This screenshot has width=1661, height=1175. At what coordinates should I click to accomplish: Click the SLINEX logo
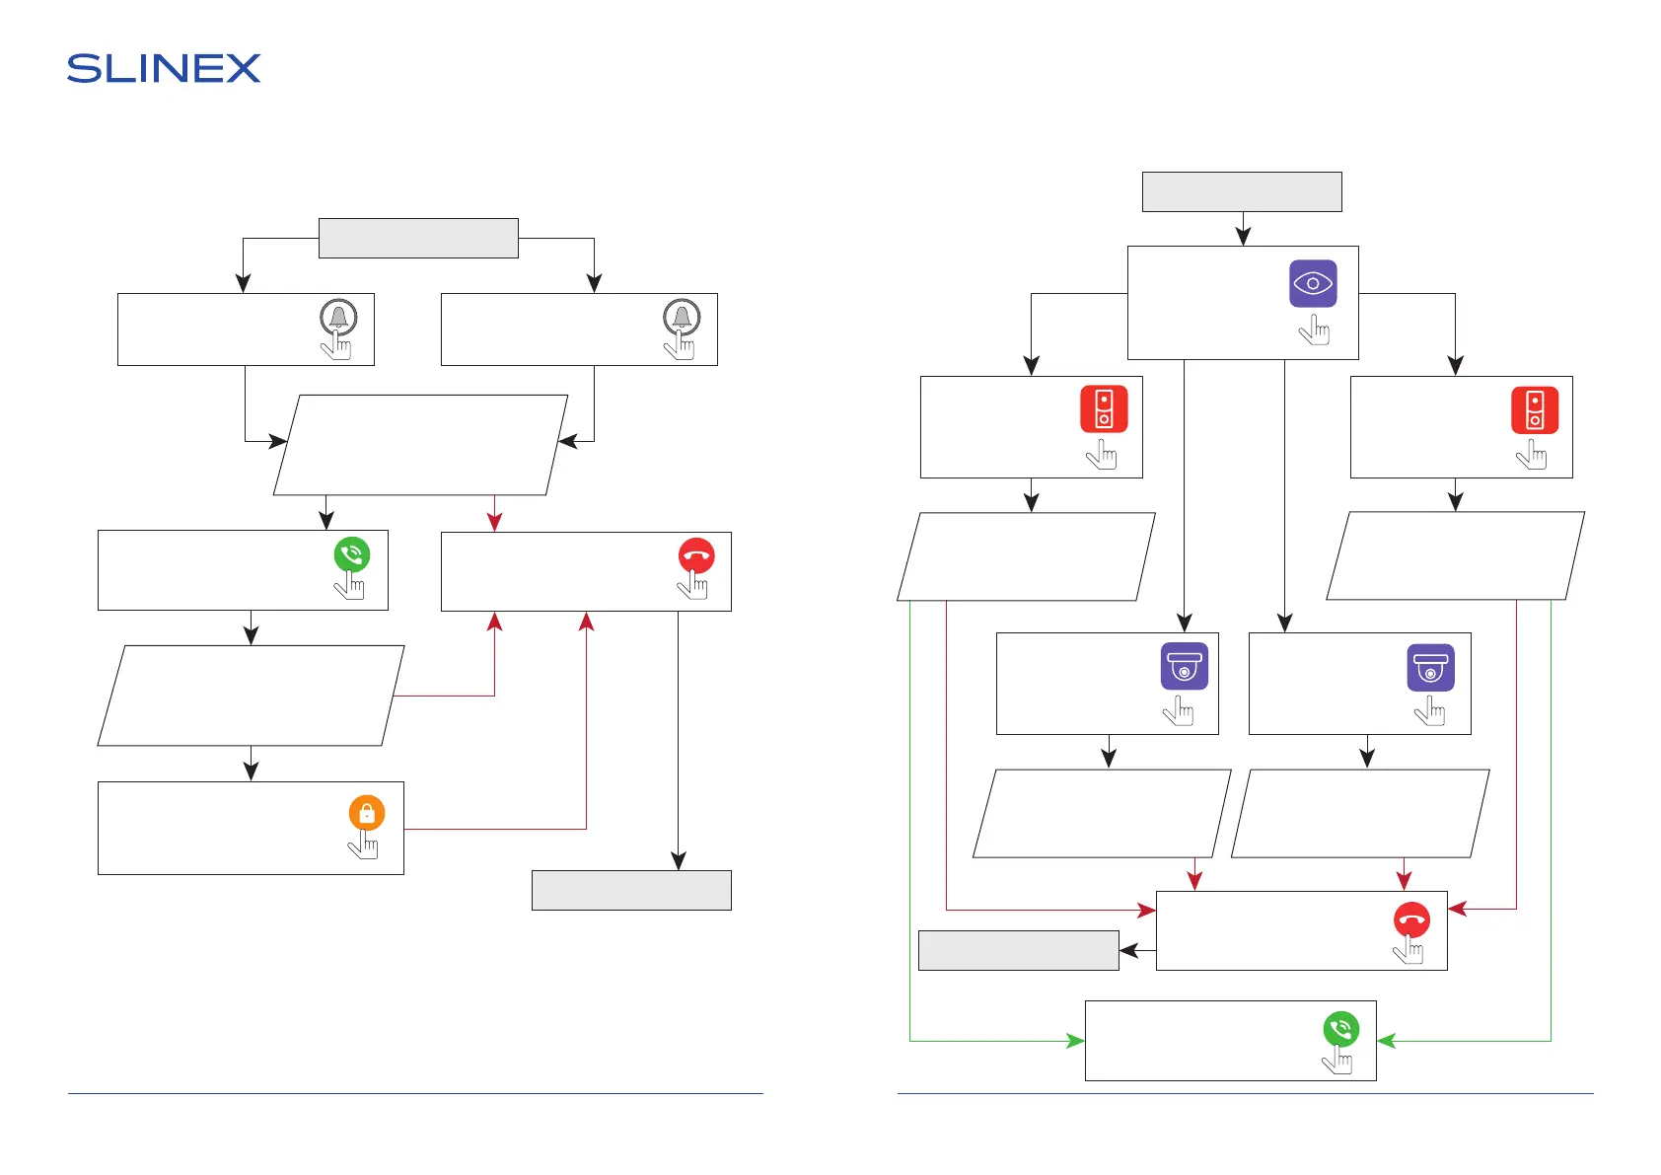tap(164, 68)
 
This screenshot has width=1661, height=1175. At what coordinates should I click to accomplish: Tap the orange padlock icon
tap(367, 813)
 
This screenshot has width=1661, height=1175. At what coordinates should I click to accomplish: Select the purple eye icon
tap(1313, 283)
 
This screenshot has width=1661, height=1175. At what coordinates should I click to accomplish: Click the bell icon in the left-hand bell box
tap(338, 317)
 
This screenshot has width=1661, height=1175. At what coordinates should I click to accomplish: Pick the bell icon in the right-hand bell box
tap(682, 317)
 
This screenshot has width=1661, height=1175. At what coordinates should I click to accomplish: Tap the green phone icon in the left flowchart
tap(352, 554)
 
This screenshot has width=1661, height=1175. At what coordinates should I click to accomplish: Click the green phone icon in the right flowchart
tap(1340, 1029)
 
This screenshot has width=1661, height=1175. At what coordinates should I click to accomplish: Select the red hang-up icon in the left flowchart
tap(696, 555)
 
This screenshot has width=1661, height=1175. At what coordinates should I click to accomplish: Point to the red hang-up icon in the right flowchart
tap(1411, 919)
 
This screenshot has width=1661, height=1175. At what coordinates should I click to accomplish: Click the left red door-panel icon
tap(1104, 409)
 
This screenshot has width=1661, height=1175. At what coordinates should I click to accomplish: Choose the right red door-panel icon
tap(1535, 409)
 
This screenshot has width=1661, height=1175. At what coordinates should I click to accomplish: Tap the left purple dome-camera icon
tap(1184, 667)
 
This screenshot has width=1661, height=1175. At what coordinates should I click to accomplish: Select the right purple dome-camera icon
tap(1430, 667)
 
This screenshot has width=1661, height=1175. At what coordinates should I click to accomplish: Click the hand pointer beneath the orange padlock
tap(364, 845)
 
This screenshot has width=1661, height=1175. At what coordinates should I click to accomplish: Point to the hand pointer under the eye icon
tap(1315, 330)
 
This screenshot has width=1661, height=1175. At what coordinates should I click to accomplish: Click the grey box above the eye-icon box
tap(1242, 191)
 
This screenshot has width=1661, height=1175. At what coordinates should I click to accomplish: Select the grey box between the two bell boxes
tap(418, 238)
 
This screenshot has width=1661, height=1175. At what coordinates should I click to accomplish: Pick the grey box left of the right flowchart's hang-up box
tap(1018, 950)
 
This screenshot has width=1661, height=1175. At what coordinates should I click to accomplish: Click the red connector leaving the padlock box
tap(493, 829)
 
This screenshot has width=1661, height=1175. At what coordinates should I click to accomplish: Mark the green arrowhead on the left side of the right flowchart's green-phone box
tap(1076, 1041)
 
